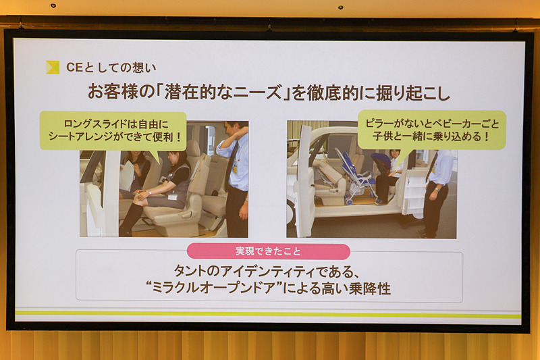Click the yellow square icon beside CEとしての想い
(x=53, y=68)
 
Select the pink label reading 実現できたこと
(x=268, y=251)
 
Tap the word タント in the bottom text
(x=188, y=271)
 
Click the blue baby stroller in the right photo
(x=358, y=176)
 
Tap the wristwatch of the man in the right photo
(x=437, y=189)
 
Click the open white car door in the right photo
(x=305, y=181)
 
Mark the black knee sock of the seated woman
(x=130, y=219)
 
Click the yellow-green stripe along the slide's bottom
(x=268, y=314)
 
